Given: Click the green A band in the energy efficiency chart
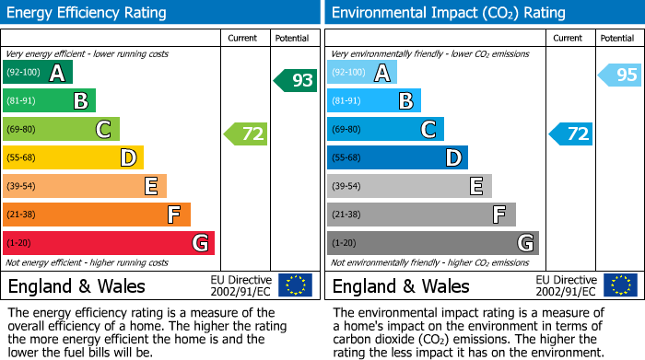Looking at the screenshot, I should [x=38, y=73].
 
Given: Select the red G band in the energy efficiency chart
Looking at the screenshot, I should [x=109, y=243].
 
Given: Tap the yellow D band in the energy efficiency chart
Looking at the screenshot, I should [x=74, y=158].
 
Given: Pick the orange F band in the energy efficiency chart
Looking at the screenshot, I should [x=97, y=215].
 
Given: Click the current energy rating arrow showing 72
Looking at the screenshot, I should [x=246, y=134].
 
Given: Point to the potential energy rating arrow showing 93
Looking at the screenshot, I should [x=296, y=80].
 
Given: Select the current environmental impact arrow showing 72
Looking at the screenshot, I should [x=571, y=134].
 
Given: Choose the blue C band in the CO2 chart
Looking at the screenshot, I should [x=386, y=130].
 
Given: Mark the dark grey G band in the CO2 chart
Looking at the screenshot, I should [x=433, y=243].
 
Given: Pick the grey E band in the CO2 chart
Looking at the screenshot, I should [x=410, y=186].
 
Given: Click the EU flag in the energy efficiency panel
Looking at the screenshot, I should [x=296, y=285].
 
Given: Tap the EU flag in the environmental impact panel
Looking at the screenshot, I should [x=620, y=285].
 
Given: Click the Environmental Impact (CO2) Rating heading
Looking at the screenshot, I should [x=448, y=13].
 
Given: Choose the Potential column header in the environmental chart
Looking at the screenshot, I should [x=617, y=38].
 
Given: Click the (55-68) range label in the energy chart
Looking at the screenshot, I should [x=23, y=158].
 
